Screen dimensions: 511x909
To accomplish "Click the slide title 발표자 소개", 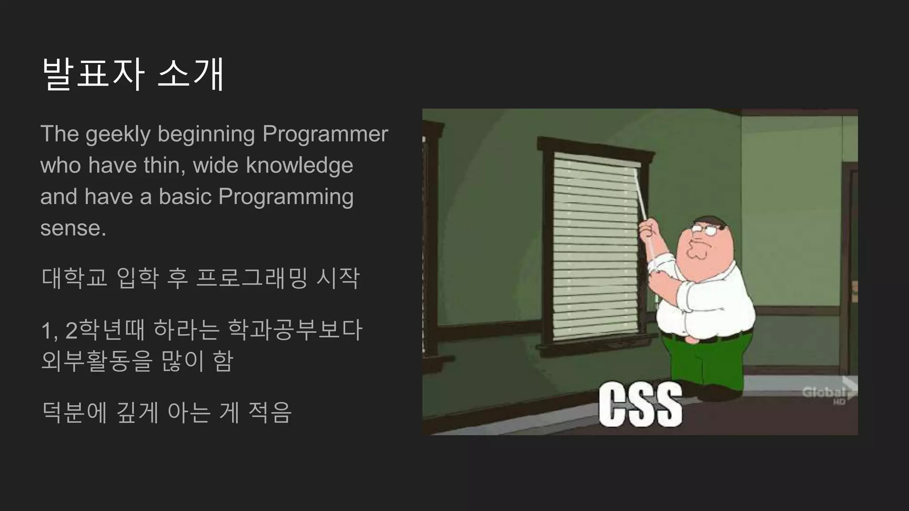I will pyautogui.click(x=133, y=75).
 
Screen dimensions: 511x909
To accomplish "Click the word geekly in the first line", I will pyautogui.click(x=118, y=134).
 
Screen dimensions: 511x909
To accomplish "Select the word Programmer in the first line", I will pyautogui.click(x=325, y=134).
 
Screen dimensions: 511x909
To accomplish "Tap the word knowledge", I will pyautogui.click(x=300, y=165).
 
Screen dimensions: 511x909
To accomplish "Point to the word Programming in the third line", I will pyautogui.click(x=286, y=197).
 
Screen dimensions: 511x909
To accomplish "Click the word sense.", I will pyautogui.click(x=73, y=228).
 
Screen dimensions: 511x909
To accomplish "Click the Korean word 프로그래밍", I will pyautogui.click(x=252, y=278).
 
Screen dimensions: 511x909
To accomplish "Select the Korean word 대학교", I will pyautogui.click(x=74, y=278).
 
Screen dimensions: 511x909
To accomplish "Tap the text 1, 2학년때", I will pyautogui.click(x=93, y=330).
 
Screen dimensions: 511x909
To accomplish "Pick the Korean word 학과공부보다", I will pyautogui.click(x=295, y=330).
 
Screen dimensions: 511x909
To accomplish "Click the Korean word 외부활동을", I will pyautogui.click(x=96, y=361).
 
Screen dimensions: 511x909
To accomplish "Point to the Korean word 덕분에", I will pyautogui.click(x=74, y=413).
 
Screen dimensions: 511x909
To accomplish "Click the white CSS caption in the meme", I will pyautogui.click(x=640, y=405).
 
